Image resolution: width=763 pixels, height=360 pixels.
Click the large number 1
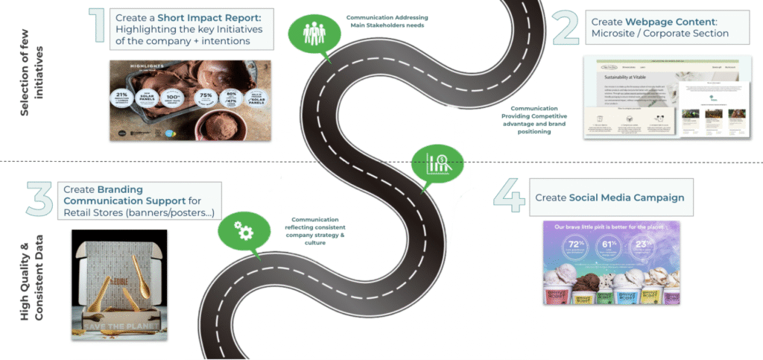click(x=96, y=28)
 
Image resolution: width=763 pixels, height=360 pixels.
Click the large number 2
click(x=565, y=28)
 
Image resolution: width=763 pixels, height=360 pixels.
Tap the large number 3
click(x=39, y=199)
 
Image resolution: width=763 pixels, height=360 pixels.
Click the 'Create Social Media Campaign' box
click(x=610, y=198)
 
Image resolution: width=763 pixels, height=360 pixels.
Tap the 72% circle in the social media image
click(x=574, y=246)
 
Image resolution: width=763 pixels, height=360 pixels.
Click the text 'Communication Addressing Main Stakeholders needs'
click(x=387, y=21)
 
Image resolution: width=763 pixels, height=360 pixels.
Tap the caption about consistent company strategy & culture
click(x=315, y=231)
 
